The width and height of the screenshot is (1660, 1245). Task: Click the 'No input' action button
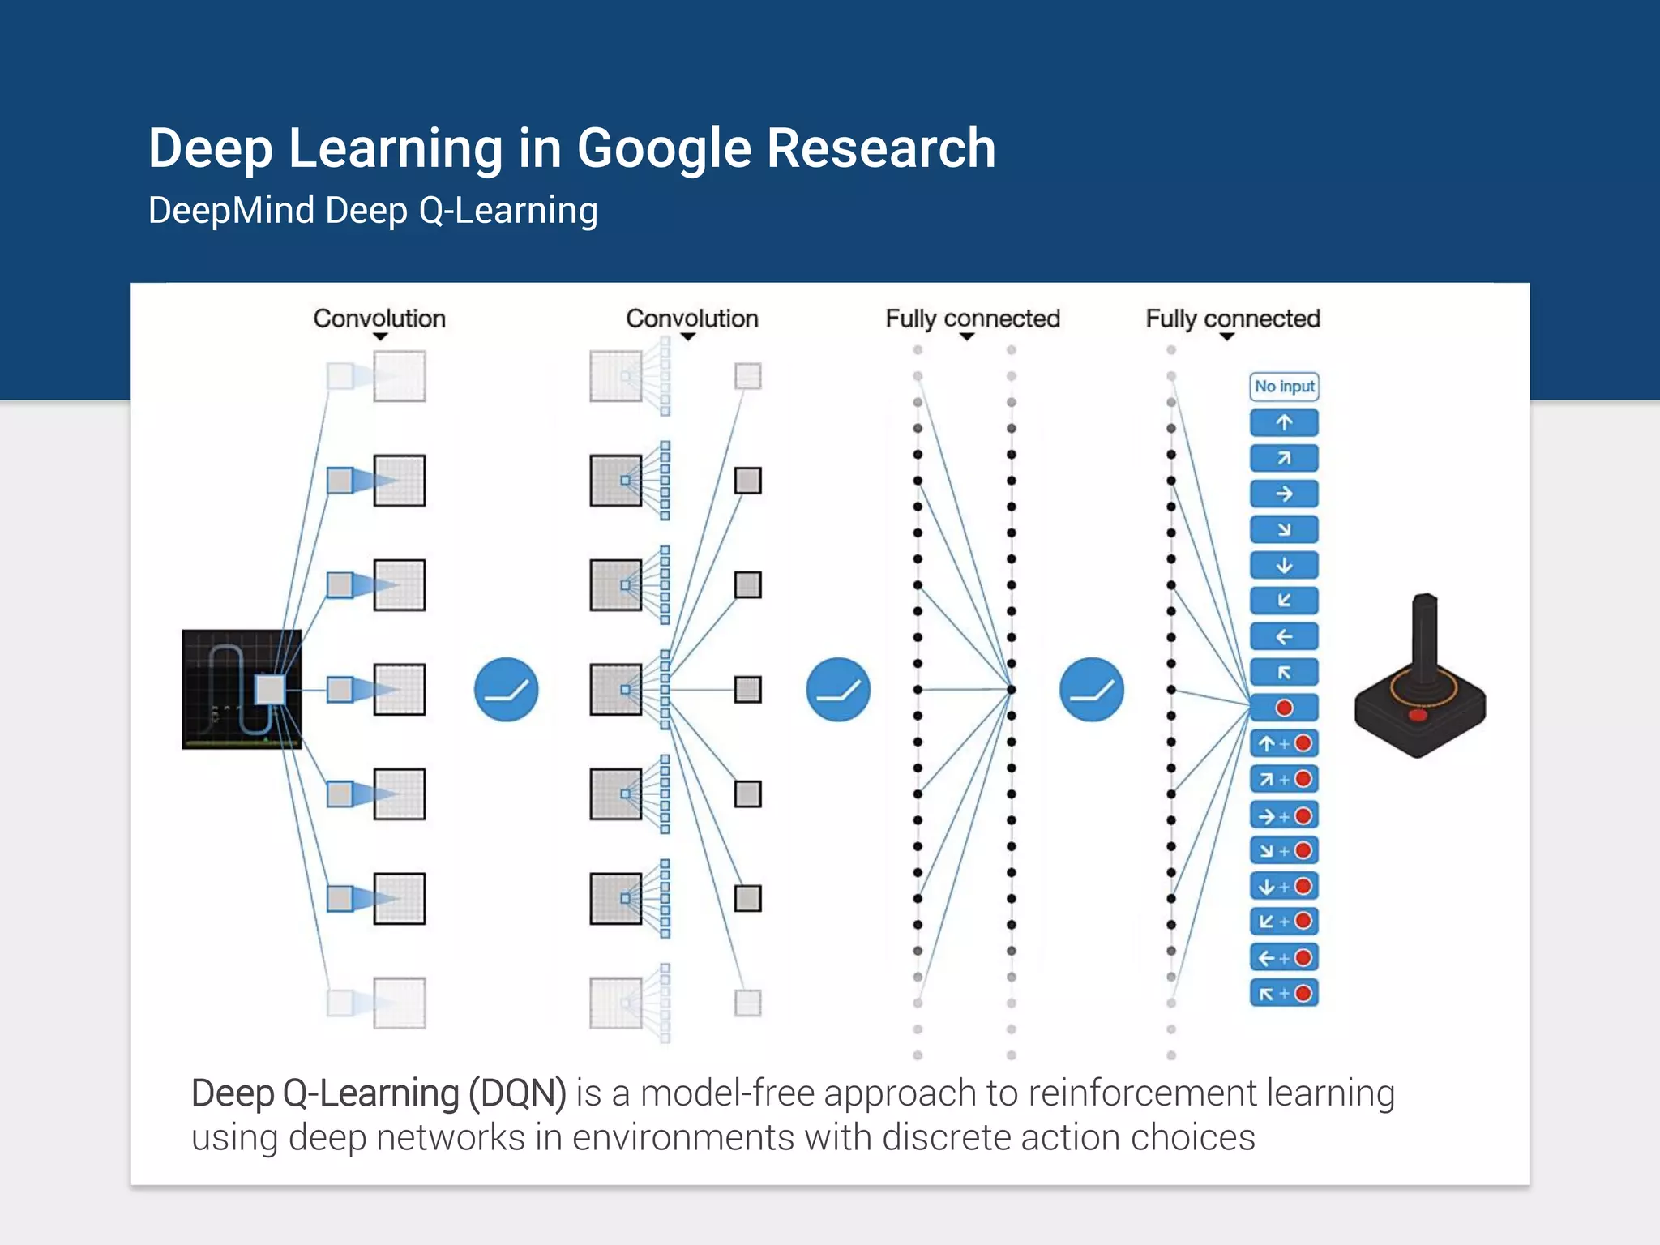[x=1284, y=387]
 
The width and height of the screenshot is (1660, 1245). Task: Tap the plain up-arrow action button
[x=1284, y=422]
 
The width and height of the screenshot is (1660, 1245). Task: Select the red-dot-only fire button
[x=1284, y=708]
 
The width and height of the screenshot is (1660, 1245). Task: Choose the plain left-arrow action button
[x=1284, y=636]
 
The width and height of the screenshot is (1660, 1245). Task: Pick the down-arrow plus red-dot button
[x=1284, y=886]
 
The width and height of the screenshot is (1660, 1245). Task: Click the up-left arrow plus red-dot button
[x=1284, y=993]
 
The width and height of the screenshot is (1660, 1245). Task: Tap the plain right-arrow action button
[x=1284, y=494]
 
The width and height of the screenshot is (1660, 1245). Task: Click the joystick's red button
[x=1418, y=716]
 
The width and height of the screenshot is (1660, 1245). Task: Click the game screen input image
[x=242, y=689]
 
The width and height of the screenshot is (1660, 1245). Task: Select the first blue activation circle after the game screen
[x=506, y=690]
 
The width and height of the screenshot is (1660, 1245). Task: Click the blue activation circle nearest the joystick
[x=1091, y=690]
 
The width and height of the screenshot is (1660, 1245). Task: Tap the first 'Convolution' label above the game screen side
[x=379, y=319]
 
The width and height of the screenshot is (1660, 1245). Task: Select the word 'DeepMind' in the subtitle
[x=231, y=211]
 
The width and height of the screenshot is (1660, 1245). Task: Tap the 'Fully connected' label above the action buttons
[x=1232, y=319]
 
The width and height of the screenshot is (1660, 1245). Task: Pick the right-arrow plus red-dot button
[x=1284, y=815]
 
